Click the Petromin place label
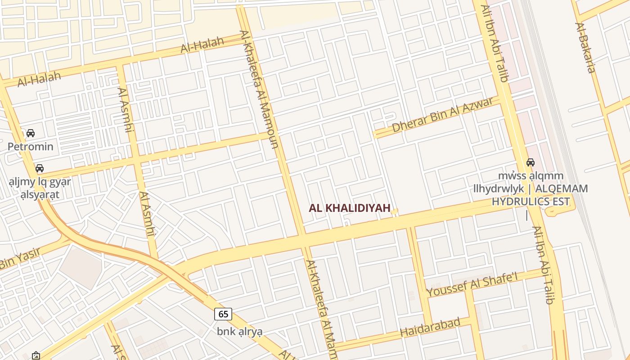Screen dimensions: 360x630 click(x=31, y=147)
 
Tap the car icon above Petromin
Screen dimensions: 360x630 click(x=31, y=133)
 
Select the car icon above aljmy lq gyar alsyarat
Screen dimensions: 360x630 click(x=40, y=168)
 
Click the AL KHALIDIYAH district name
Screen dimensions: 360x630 click(x=350, y=208)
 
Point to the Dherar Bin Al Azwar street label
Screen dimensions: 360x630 click(x=442, y=115)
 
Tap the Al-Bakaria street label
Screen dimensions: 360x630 click(x=585, y=47)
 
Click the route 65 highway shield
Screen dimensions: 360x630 click(x=223, y=314)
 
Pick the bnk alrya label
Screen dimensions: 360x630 click(x=239, y=332)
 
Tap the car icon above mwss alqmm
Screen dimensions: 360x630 click(x=531, y=162)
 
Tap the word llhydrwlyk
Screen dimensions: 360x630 click(x=499, y=189)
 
